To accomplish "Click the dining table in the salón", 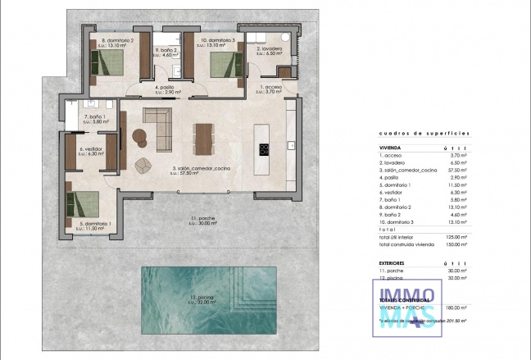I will tap(202, 137).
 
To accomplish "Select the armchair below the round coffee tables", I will tap(144, 164).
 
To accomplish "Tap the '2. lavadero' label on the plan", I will tap(270, 49).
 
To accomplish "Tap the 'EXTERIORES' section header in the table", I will tap(394, 262).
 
